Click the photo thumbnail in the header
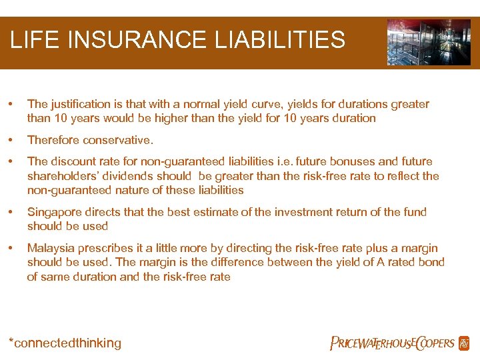point(429,42)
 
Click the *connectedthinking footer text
point(65,343)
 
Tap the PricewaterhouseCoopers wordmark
point(392,343)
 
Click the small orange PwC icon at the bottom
point(464,343)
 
